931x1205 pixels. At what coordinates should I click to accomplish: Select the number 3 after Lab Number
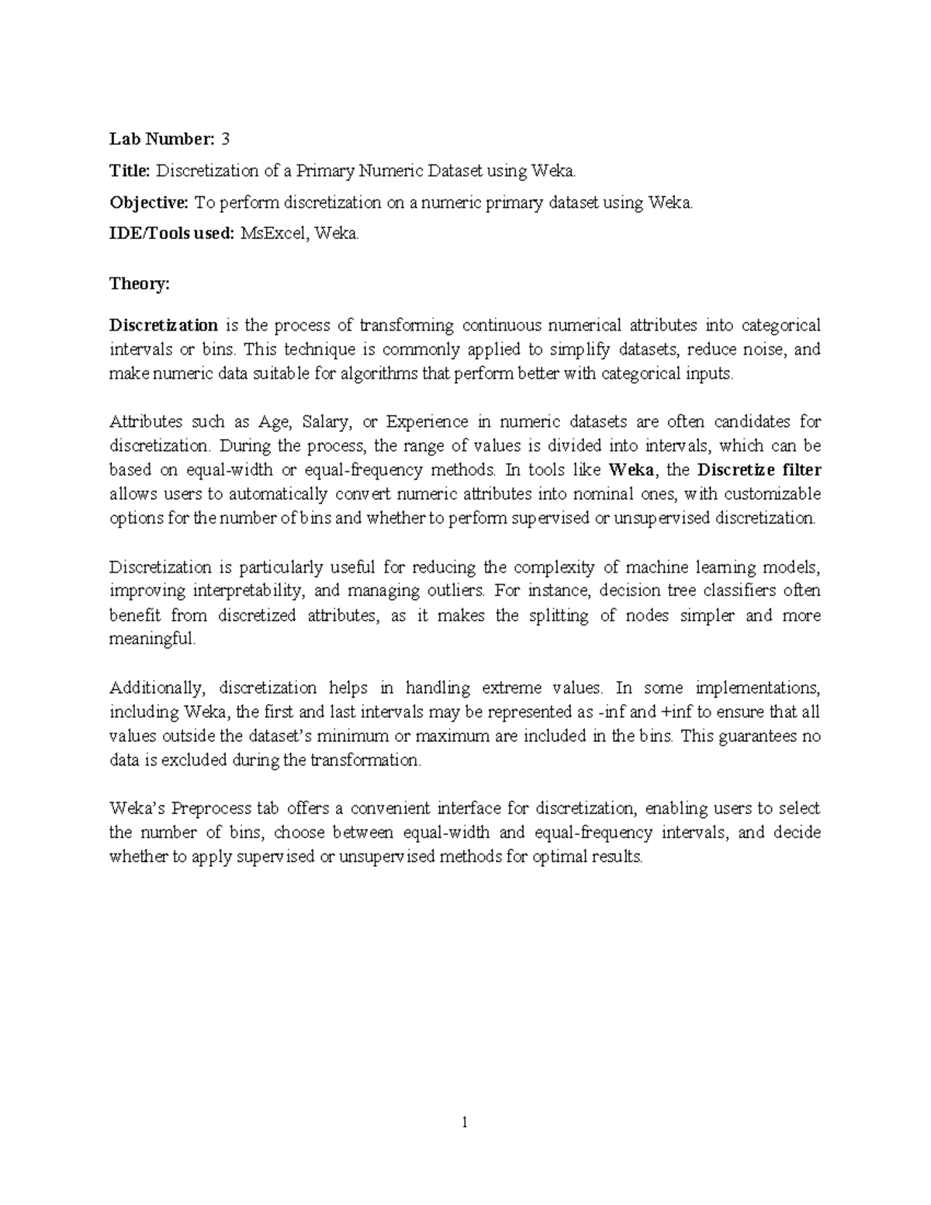point(226,139)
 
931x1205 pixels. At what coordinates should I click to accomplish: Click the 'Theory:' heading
point(139,284)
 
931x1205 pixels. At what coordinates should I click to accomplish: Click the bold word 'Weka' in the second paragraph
point(632,470)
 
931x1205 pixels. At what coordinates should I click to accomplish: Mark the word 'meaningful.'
point(153,639)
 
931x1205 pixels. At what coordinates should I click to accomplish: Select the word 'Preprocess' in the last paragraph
point(211,809)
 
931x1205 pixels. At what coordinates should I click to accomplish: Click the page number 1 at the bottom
point(464,1122)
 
